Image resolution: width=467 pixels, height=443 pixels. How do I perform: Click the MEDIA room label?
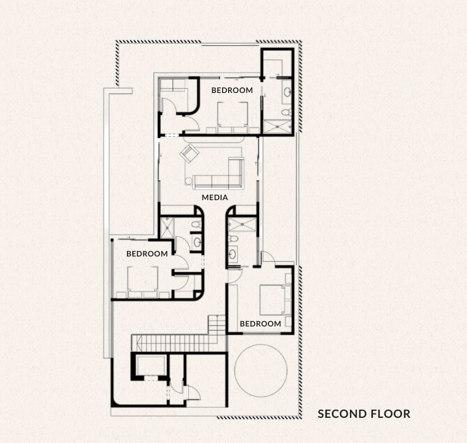click(x=215, y=197)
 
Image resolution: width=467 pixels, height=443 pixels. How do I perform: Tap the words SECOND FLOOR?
click(x=364, y=413)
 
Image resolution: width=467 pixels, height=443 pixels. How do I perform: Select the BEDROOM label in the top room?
click(x=232, y=90)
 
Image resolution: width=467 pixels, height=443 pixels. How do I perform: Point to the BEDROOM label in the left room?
click(x=147, y=254)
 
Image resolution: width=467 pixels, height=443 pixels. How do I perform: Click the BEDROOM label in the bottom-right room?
click(x=261, y=324)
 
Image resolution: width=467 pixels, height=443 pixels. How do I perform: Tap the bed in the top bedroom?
click(x=233, y=116)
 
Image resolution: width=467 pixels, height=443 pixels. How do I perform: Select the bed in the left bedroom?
click(x=143, y=281)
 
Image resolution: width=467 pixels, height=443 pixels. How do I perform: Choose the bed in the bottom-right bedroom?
click(x=272, y=299)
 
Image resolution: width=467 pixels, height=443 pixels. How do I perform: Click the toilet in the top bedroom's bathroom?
click(x=285, y=112)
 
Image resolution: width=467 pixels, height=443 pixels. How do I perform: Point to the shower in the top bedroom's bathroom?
click(x=278, y=127)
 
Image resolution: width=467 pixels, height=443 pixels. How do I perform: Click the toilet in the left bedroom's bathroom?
click(x=196, y=225)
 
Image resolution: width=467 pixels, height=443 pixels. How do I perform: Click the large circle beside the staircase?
click(x=261, y=370)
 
